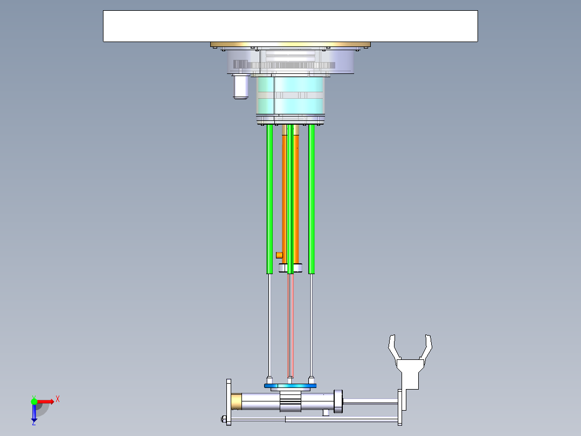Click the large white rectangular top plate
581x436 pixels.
click(x=290, y=26)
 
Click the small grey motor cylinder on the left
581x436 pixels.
click(x=240, y=87)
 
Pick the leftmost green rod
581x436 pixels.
click(x=269, y=200)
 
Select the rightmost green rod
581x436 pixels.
click(x=312, y=200)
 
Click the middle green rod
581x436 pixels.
click(x=290, y=200)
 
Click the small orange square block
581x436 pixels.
click(x=279, y=255)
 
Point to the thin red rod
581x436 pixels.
click(x=291, y=324)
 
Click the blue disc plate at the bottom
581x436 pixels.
click(x=290, y=386)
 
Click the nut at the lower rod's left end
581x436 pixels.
click(x=223, y=419)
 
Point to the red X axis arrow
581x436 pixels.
click(x=46, y=401)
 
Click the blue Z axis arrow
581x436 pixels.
click(x=34, y=413)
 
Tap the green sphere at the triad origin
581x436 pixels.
click(x=34, y=401)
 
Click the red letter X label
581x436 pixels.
click(x=58, y=399)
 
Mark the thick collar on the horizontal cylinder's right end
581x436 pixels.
click(x=338, y=402)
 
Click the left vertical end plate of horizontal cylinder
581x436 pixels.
click(x=229, y=402)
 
